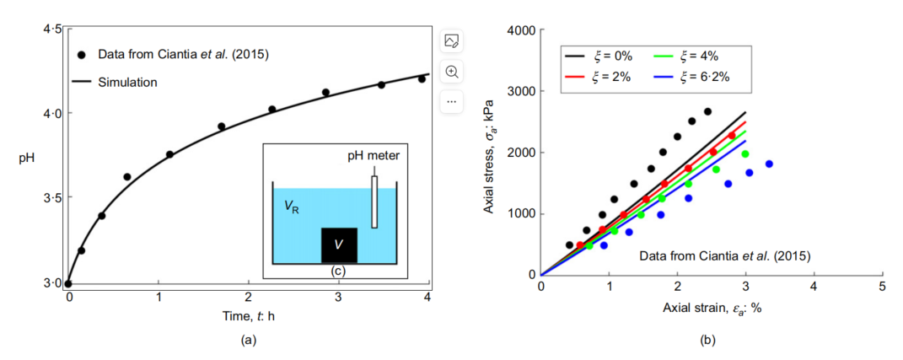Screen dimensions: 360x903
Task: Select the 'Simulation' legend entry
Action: (127, 82)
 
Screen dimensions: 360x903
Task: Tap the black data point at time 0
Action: (68, 284)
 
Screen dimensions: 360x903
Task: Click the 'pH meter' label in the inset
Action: (376, 155)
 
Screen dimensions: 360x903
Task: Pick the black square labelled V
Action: (338, 245)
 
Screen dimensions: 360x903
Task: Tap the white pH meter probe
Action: (374, 201)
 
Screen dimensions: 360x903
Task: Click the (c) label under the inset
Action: (338, 271)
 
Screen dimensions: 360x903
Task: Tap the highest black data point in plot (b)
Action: (707, 111)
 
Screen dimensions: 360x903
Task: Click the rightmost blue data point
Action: (769, 164)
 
